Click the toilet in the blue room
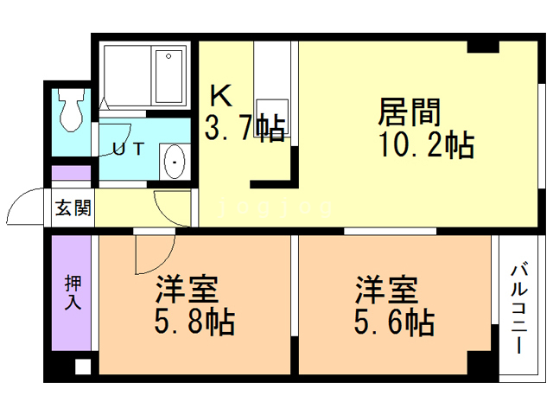72,110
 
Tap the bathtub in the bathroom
169,76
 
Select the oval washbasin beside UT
175,162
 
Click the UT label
129,149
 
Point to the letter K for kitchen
221,95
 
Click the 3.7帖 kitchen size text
245,128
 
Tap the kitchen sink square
272,118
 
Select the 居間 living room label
410,112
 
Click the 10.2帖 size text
426,144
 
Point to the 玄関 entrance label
73,207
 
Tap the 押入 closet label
73,292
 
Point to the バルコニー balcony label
518,307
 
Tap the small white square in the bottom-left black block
83,367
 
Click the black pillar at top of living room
483,47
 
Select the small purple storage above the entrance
72,173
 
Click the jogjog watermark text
275,208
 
